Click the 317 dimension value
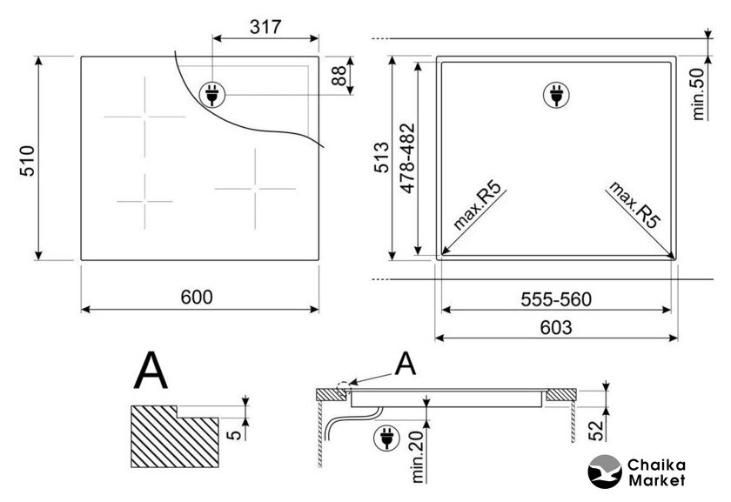(265, 27)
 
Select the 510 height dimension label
(28, 161)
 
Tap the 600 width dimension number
(197, 297)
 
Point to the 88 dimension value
(339, 76)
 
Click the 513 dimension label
(382, 157)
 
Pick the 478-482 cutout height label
(407, 158)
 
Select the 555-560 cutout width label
(556, 299)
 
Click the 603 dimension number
(556, 328)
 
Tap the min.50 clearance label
(698, 94)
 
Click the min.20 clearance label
(417, 457)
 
